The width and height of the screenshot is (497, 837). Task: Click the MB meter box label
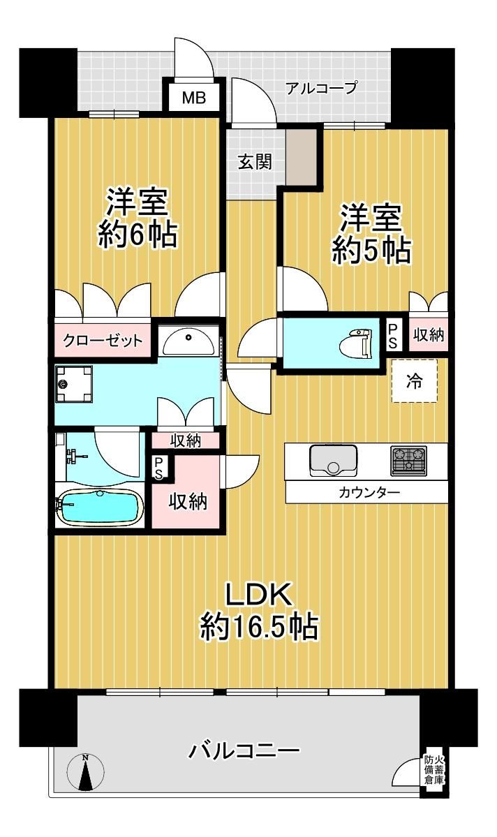(193, 98)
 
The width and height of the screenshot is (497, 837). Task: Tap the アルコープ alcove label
(321, 87)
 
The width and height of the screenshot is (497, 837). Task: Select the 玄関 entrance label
(255, 162)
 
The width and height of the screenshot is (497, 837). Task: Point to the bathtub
(99, 506)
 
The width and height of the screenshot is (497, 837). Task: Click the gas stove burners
(409, 461)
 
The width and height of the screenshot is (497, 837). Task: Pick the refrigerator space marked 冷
(415, 381)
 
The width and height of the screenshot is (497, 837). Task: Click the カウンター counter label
(369, 492)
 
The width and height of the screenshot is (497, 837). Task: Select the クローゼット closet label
(103, 340)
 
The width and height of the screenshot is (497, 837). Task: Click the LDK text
(259, 595)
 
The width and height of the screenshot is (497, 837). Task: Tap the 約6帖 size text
(138, 234)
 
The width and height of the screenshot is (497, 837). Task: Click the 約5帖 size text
(371, 249)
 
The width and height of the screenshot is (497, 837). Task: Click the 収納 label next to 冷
(429, 334)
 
